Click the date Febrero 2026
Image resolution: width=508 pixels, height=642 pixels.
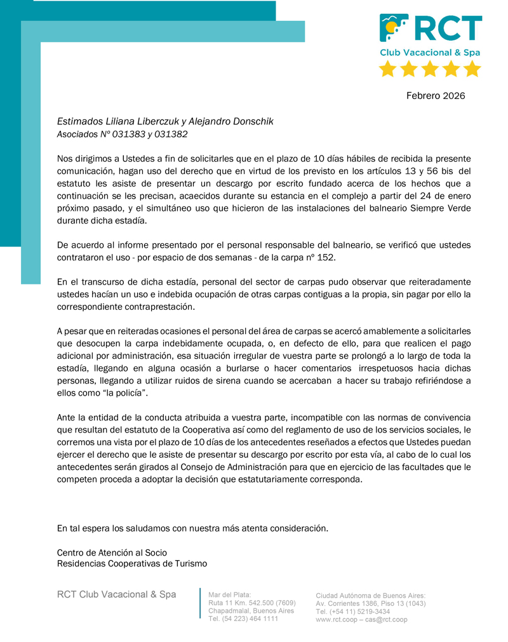[x=436, y=96]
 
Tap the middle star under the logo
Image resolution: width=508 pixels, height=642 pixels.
[x=430, y=69]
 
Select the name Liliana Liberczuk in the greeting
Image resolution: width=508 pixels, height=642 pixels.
[x=140, y=121]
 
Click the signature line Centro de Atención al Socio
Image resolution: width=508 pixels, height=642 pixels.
[x=112, y=552]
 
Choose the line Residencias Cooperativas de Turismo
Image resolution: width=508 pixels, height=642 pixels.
[x=131, y=563]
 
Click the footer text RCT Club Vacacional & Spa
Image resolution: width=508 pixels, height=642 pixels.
[x=116, y=594]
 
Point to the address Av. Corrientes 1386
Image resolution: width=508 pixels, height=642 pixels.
[x=352, y=603]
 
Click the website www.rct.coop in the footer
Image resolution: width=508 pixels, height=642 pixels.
[x=338, y=620]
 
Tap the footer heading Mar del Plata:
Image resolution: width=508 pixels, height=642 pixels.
[x=230, y=594]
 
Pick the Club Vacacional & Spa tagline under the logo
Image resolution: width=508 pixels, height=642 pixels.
[x=430, y=53]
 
